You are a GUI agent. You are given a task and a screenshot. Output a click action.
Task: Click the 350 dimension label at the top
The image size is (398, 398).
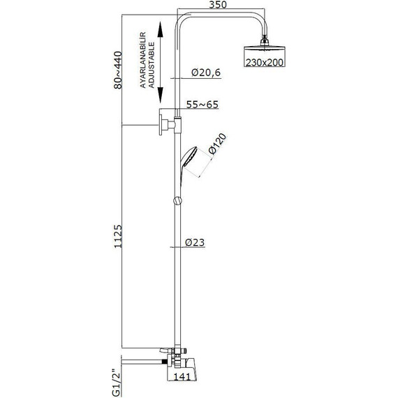click(x=218, y=5)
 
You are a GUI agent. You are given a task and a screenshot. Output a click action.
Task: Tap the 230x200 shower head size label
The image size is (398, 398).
click(x=265, y=62)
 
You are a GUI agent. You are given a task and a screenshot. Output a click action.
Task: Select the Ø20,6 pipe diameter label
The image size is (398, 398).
click(x=206, y=73)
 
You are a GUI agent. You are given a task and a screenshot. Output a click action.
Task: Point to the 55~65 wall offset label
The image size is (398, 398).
click(x=202, y=104)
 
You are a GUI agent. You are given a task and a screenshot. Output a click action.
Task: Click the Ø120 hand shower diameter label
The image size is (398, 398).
click(x=217, y=144)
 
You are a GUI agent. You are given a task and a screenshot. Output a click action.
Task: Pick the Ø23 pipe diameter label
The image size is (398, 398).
click(x=195, y=242)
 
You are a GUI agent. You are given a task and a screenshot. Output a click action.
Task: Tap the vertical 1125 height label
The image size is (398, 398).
click(x=118, y=236)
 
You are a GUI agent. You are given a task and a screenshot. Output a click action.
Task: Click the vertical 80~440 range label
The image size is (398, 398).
click(x=118, y=70)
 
